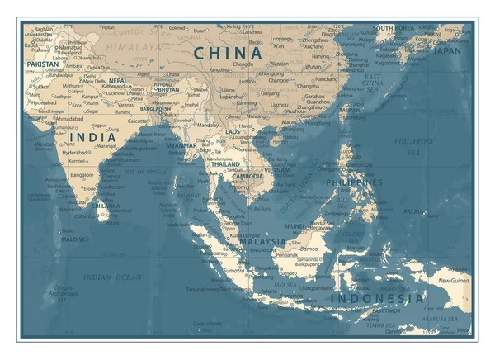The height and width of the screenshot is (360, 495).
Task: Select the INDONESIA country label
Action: point(377,298)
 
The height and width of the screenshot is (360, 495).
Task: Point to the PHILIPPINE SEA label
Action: point(407,146)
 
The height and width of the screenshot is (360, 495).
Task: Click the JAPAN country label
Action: point(447,50)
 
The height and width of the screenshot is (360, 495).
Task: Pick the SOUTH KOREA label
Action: point(394,28)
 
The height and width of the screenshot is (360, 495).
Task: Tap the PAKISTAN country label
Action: point(41,64)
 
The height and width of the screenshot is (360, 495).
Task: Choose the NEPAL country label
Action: point(118,81)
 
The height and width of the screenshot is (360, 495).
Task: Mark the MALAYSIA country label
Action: point(262,242)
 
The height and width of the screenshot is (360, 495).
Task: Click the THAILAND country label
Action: point(226,165)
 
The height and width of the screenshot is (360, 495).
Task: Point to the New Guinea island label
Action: point(454,281)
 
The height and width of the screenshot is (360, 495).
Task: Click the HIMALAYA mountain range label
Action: point(132,48)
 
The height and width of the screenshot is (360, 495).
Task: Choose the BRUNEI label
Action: point(294,225)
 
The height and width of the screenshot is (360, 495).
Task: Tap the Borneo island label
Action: point(308,248)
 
